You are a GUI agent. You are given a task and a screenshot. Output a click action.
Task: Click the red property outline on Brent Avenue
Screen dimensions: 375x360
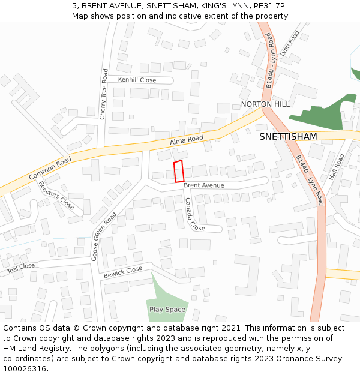(178, 171)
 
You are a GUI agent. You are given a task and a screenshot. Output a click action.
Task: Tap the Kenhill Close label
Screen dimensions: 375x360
(137, 80)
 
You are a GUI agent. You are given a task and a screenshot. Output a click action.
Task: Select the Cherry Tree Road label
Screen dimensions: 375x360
(103, 94)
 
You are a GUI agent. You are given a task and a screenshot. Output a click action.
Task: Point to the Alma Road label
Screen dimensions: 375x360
(187, 141)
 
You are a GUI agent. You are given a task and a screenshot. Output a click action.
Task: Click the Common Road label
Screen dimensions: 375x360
(50, 169)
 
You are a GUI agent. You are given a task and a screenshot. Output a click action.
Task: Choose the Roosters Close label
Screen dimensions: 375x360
(56, 195)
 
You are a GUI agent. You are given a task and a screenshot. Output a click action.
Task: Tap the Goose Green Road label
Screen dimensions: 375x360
(103, 235)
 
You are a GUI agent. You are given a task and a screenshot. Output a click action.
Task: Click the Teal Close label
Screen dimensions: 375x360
(20, 266)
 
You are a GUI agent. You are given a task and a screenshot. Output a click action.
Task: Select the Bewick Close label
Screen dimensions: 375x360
(123, 272)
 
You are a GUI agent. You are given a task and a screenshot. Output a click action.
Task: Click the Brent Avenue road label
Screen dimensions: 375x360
(204, 185)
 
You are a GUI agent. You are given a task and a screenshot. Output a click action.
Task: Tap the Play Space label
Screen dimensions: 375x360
(167, 310)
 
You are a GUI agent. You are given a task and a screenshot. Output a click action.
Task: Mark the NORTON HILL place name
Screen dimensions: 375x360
(265, 104)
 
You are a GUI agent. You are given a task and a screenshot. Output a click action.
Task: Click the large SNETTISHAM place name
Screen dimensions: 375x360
(288, 137)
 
